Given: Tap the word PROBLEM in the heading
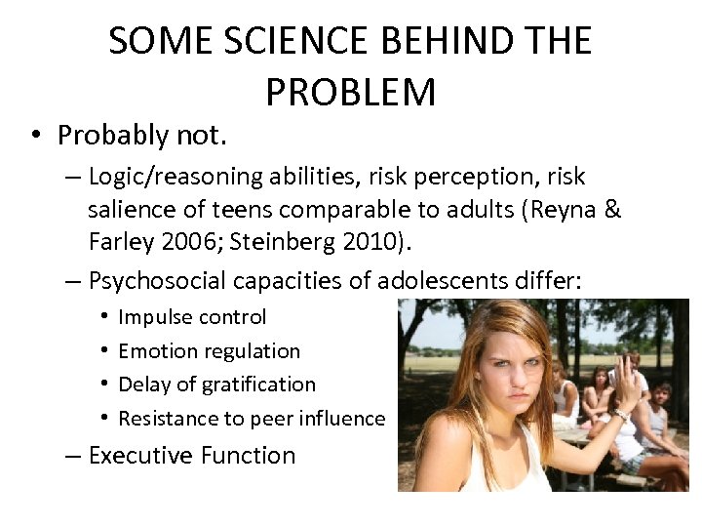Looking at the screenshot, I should coord(350,92).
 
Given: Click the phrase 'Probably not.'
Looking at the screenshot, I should coord(141,135).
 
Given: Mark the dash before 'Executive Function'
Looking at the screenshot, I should coord(73,456).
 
